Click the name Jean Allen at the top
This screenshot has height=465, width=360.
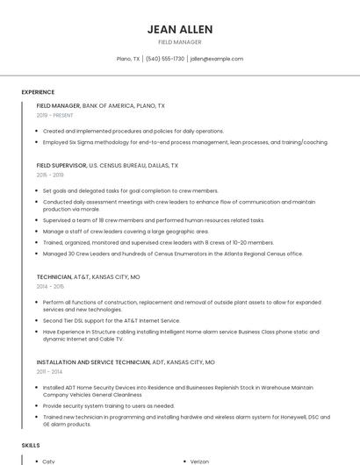tap(179, 29)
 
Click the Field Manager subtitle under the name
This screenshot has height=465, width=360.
tap(179, 42)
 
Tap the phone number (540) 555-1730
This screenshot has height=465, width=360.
tap(165, 59)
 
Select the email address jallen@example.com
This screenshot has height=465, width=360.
tap(217, 59)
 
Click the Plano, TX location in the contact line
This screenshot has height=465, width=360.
tap(128, 59)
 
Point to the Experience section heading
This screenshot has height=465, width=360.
tap(38, 92)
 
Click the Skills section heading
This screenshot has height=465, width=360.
tap(31, 446)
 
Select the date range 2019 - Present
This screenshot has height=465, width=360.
tap(54, 116)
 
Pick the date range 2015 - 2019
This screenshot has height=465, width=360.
tap(50, 175)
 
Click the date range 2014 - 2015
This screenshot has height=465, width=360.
tap(50, 287)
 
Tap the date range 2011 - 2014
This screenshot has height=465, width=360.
tap(50, 372)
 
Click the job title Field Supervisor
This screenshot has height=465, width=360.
tap(61, 165)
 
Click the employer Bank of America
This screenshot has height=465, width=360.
tap(107, 105)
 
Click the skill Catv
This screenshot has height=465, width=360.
tap(49, 461)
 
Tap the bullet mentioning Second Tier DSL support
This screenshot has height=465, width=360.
tap(111, 321)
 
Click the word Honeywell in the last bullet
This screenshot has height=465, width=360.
tap(267, 417)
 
